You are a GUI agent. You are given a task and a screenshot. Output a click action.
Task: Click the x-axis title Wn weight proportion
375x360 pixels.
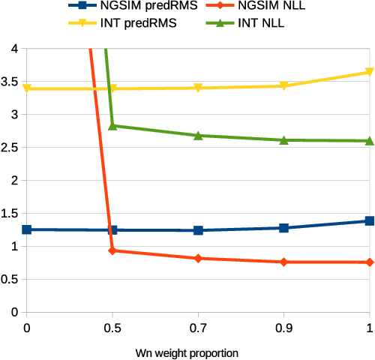[x=198, y=351]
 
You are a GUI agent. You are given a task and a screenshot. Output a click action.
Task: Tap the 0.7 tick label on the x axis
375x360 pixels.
[x=198, y=327]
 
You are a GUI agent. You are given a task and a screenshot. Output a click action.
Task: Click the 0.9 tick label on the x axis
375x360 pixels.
[x=283, y=327]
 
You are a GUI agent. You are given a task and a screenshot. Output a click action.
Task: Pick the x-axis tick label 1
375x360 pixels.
[x=369, y=327]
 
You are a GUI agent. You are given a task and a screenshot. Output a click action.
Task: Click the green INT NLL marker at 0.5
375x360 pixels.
[x=112, y=125]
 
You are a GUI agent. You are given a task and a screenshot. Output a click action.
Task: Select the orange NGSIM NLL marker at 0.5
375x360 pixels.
[x=112, y=250]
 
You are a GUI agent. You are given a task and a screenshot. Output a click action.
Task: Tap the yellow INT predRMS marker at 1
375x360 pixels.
[x=369, y=72]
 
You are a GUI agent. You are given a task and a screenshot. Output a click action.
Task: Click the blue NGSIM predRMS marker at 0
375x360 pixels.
[x=27, y=229]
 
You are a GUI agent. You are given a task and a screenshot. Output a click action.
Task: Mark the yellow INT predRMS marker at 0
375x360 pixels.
[x=27, y=88]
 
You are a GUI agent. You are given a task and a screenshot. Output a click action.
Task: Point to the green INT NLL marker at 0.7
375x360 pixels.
[x=198, y=135]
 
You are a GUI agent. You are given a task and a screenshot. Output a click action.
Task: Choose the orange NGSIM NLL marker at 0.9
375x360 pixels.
[x=283, y=262]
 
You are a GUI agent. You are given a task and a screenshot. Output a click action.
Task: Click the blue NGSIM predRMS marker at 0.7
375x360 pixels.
[x=198, y=230]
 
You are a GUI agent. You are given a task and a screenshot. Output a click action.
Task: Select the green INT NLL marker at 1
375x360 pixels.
[x=369, y=140]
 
